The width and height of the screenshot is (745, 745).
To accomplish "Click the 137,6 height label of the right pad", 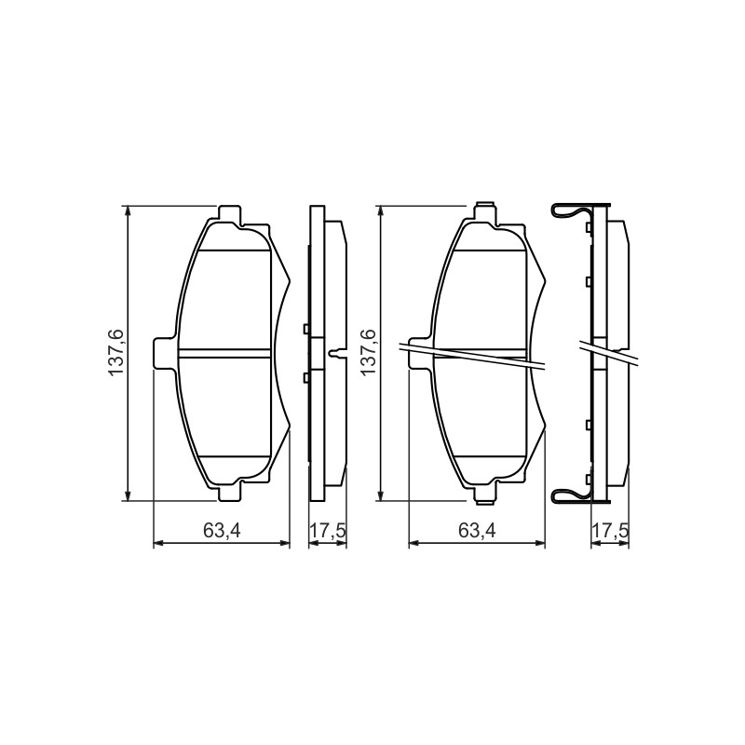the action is [369, 352].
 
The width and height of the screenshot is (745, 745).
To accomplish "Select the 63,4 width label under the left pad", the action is [222, 531].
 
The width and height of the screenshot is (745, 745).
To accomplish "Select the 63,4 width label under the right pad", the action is [477, 531].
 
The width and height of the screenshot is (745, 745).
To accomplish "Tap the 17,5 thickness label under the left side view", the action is [328, 531].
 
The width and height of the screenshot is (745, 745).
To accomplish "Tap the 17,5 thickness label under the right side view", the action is [610, 531].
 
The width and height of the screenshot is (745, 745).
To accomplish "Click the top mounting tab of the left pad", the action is [230, 213].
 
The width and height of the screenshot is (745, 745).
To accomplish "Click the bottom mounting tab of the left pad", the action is [230, 493].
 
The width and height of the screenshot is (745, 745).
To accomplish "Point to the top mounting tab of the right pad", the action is [485, 212].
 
